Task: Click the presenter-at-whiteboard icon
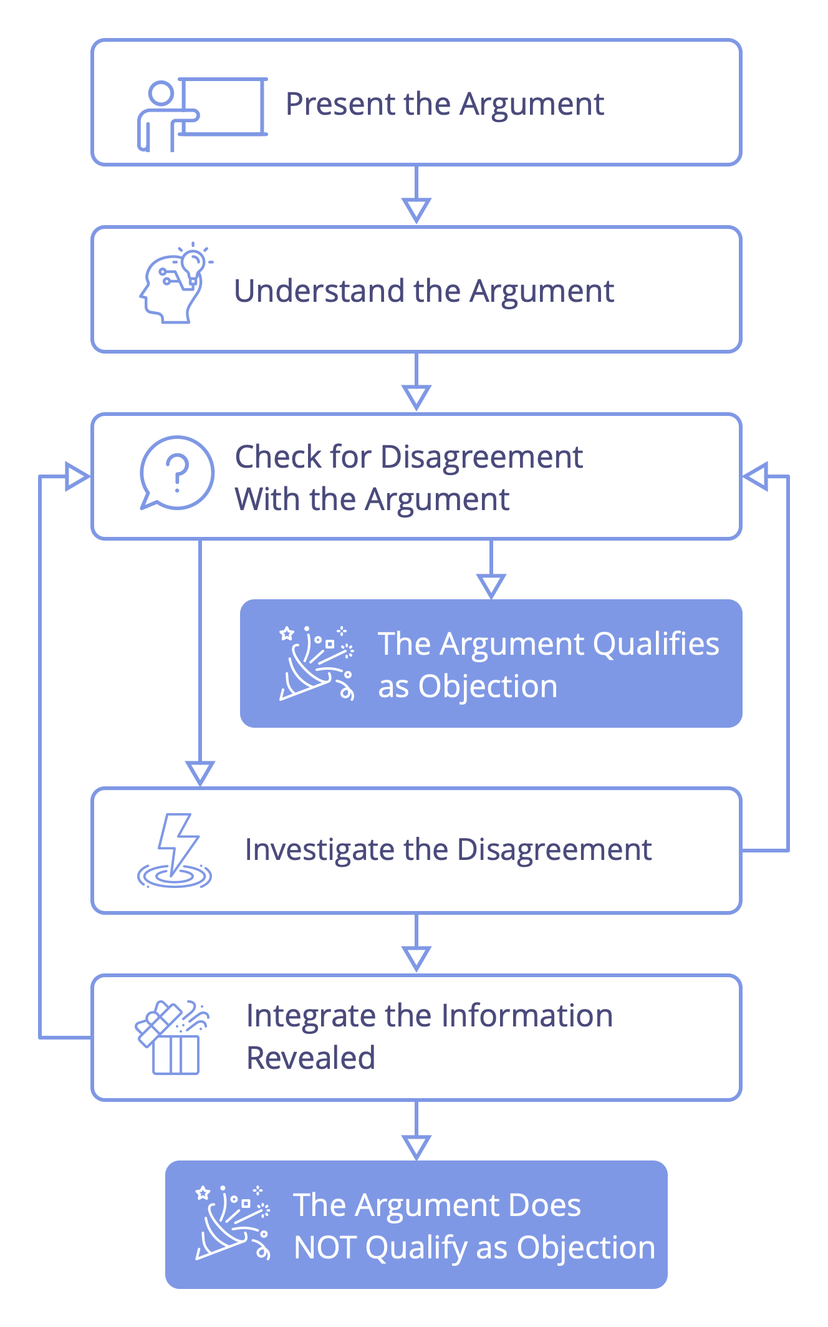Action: pyautogui.click(x=201, y=115)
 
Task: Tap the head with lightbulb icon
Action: pyautogui.click(x=175, y=284)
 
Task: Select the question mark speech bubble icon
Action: pyautogui.click(x=176, y=473)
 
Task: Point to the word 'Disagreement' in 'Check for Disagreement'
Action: pyautogui.click(x=481, y=456)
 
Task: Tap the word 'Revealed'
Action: pyautogui.click(x=310, y=1058)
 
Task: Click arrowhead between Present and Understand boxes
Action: pyautogui.click(x=416, y=209)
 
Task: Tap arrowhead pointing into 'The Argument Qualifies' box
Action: pyautogui.click(x=491, y=585)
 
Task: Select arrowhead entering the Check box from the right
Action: pyautogui.click(x=756, y=476)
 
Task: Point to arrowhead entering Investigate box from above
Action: pyautogui.click(x=200, y=772)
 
